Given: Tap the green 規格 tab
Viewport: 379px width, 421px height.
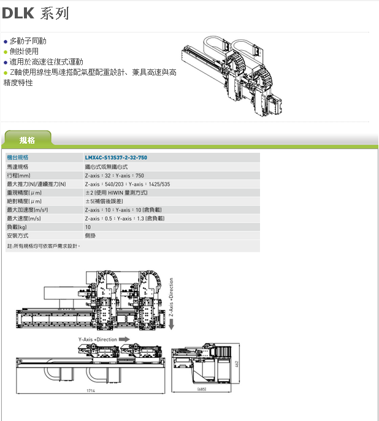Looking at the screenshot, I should [28, 141].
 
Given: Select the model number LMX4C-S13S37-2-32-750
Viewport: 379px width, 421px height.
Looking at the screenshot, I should [116, 158].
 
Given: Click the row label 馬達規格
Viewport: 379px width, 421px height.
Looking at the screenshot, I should [18, 166].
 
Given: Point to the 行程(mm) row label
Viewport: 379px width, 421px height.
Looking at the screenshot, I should [19, 175].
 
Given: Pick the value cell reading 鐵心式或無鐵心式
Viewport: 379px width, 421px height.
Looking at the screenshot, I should [106, 166].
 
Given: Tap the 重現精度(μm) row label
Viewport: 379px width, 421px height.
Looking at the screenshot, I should [24, 192].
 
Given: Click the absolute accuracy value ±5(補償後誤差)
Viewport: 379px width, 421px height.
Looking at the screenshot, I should [112, 201].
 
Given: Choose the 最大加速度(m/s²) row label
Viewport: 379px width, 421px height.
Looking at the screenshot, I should [28, 209].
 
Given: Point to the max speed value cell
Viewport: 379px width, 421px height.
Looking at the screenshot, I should [124, 218].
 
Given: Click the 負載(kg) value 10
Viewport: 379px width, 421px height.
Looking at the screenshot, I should [88, 226].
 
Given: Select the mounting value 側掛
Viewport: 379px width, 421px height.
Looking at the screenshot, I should [90, 235].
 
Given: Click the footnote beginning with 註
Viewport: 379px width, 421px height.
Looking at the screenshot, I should [44, 246].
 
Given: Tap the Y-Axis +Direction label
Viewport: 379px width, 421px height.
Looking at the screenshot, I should [98, 339].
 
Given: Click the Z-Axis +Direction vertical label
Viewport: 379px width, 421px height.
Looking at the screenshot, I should [172, 298].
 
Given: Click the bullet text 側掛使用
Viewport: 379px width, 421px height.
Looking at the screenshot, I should [24, 52].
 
